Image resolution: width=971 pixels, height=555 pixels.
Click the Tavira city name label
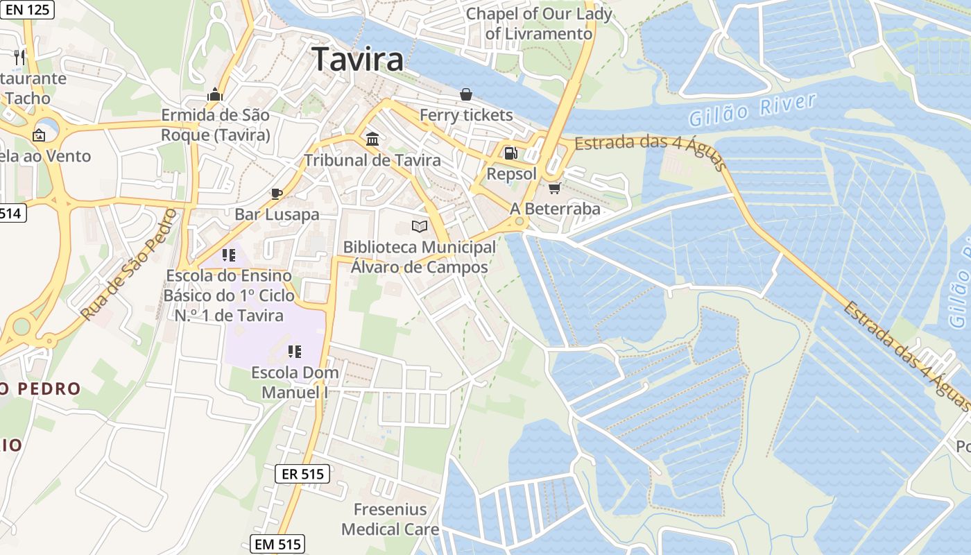[x=357, y=59]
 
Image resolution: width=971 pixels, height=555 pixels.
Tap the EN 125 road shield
[x=28, y=9]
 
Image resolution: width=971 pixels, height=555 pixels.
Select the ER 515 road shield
[x=303, y=475]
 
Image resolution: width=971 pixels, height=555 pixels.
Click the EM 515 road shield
[x=277, y=545]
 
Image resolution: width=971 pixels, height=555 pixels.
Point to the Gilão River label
[x=753, y=110]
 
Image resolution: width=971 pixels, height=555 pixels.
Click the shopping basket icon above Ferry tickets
[x=466, y=94]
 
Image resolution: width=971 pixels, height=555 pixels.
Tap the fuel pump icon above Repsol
[x=510, y=153]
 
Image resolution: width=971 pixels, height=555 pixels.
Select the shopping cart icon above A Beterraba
[x=554, y=188]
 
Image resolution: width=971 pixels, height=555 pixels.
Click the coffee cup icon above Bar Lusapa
[x=277, y=194]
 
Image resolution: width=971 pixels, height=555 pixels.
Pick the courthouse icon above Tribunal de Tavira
[x=372, y=139]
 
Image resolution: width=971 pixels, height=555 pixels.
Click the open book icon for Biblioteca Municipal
[x=419, y=226]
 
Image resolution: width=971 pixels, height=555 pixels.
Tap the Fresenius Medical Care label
[x=390, y=519]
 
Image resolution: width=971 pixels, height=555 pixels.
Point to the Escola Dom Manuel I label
[x=295, y=382]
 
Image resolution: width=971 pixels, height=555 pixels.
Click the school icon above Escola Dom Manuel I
[x=295, y=352]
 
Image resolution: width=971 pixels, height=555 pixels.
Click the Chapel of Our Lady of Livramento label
[x=539, y=24]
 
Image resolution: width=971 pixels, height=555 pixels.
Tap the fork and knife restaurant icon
[x=19, y=57]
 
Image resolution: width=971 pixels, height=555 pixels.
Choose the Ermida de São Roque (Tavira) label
[x=215, y=125]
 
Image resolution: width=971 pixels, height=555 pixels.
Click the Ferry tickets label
[x=466, y=115]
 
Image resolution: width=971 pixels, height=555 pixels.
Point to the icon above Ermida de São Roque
[x=215, y=94]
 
